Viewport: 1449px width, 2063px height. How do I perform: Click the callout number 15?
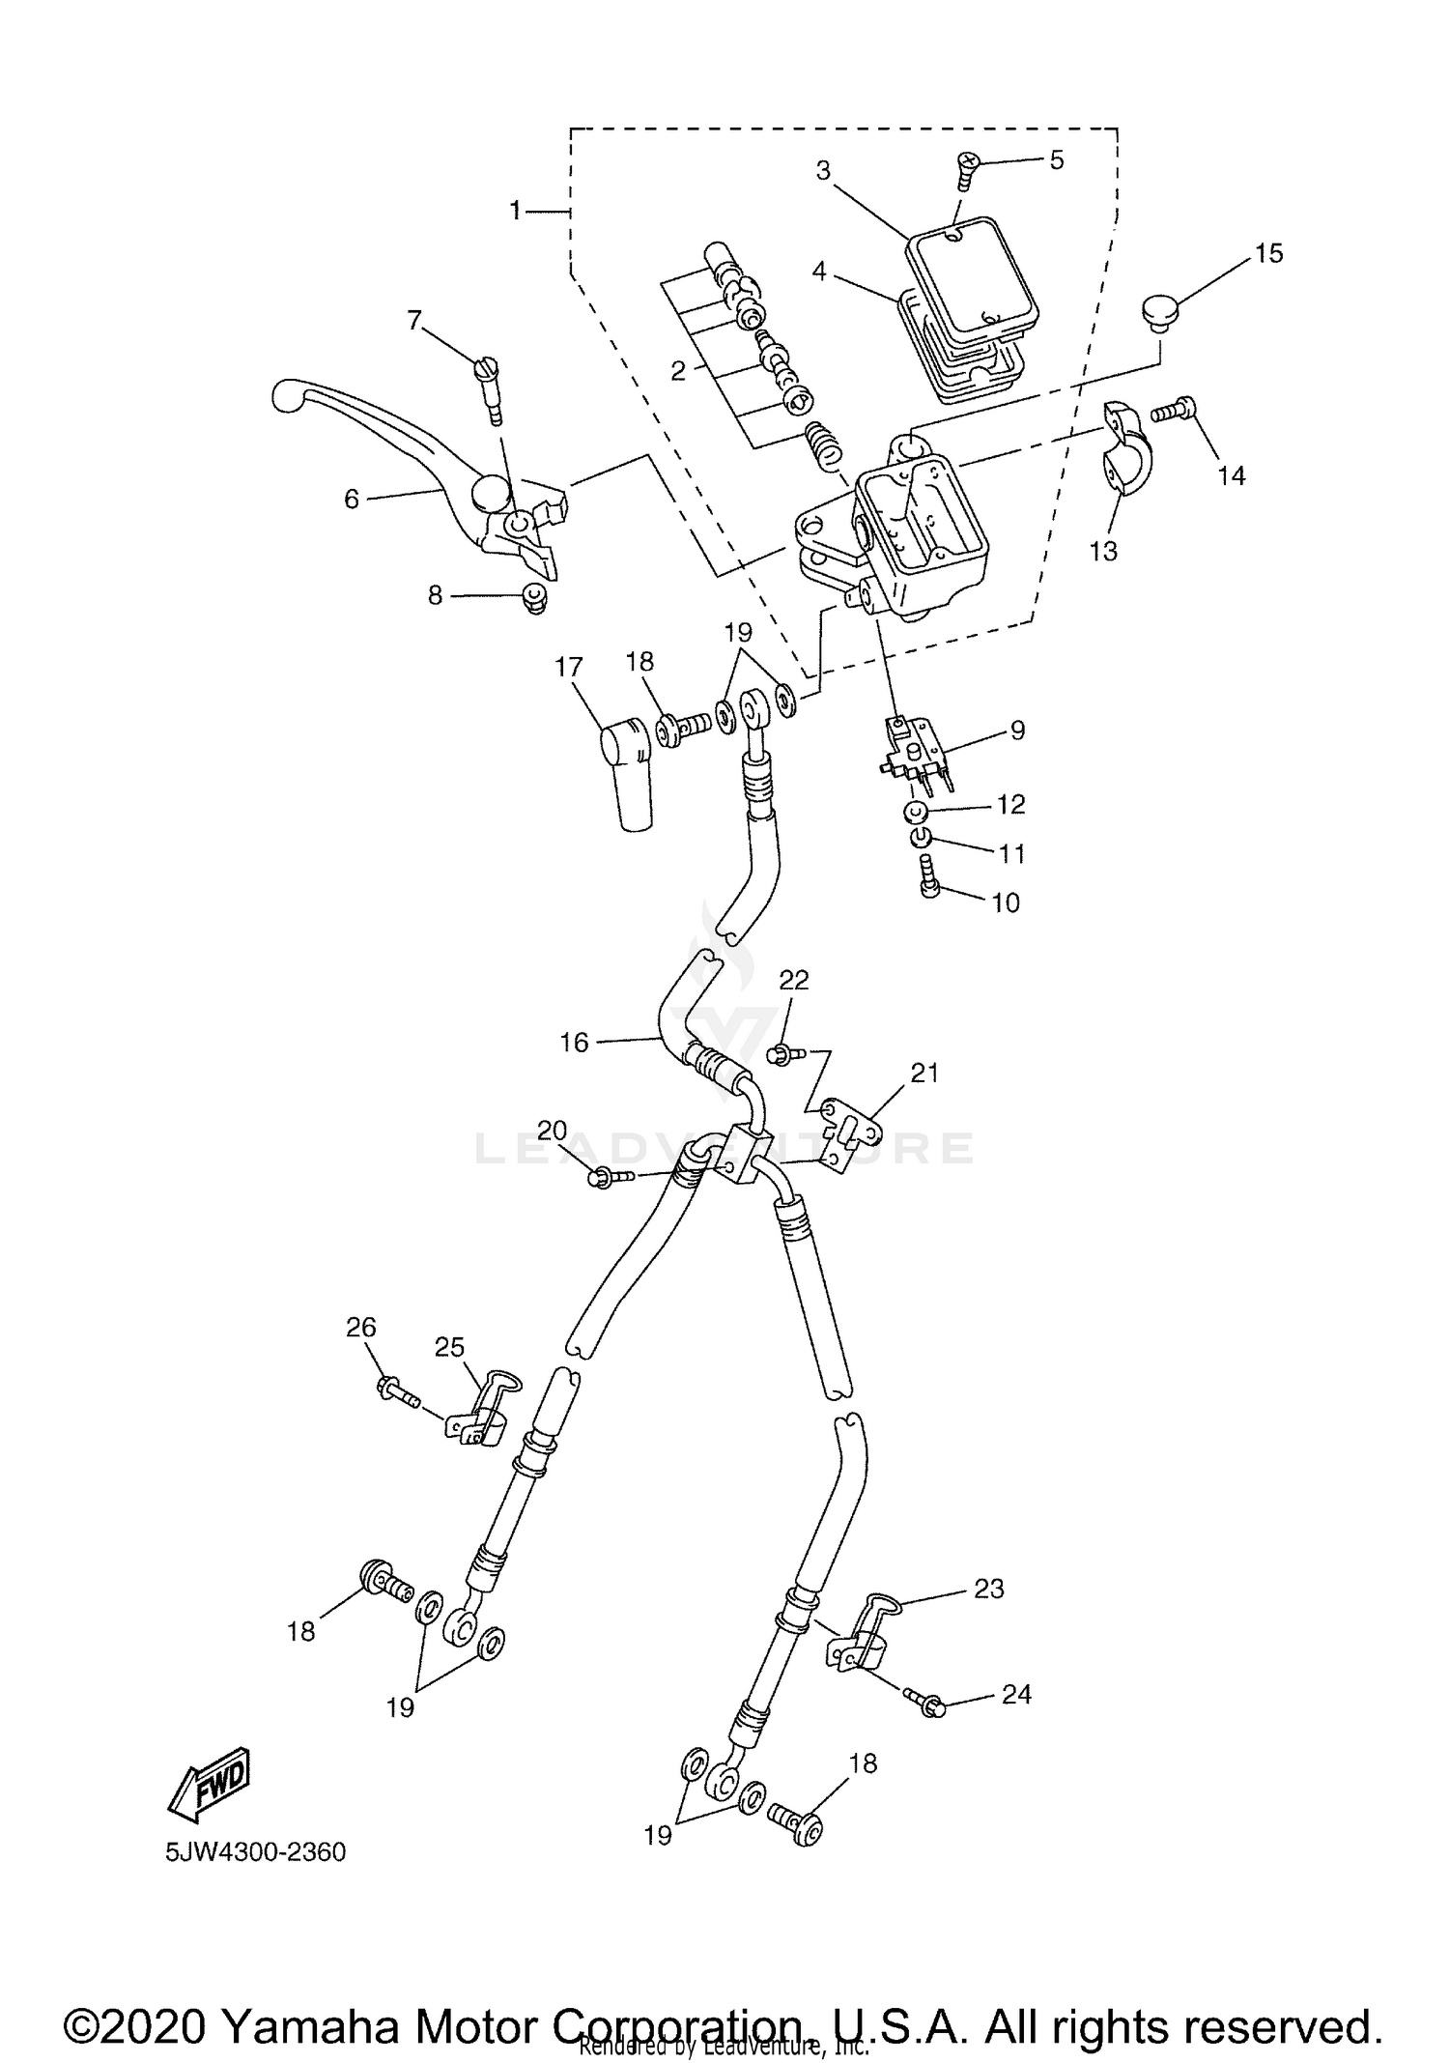(x=1268, y=253)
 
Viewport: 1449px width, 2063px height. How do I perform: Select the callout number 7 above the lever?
(x=414, y=320)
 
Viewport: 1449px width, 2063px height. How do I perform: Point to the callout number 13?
(x=1103, y=551)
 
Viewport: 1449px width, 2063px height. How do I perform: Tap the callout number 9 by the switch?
(x=1017, y=731)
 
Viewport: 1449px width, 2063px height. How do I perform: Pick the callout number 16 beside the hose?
(x=574, y=1043)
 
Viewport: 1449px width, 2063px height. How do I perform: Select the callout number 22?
(x=794, y=980)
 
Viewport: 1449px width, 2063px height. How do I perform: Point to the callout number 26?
(x=361, y=1327)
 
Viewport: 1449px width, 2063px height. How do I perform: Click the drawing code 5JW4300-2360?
(x=255, y=1851)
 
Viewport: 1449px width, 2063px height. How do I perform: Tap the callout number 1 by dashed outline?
(x=516, y=210)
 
